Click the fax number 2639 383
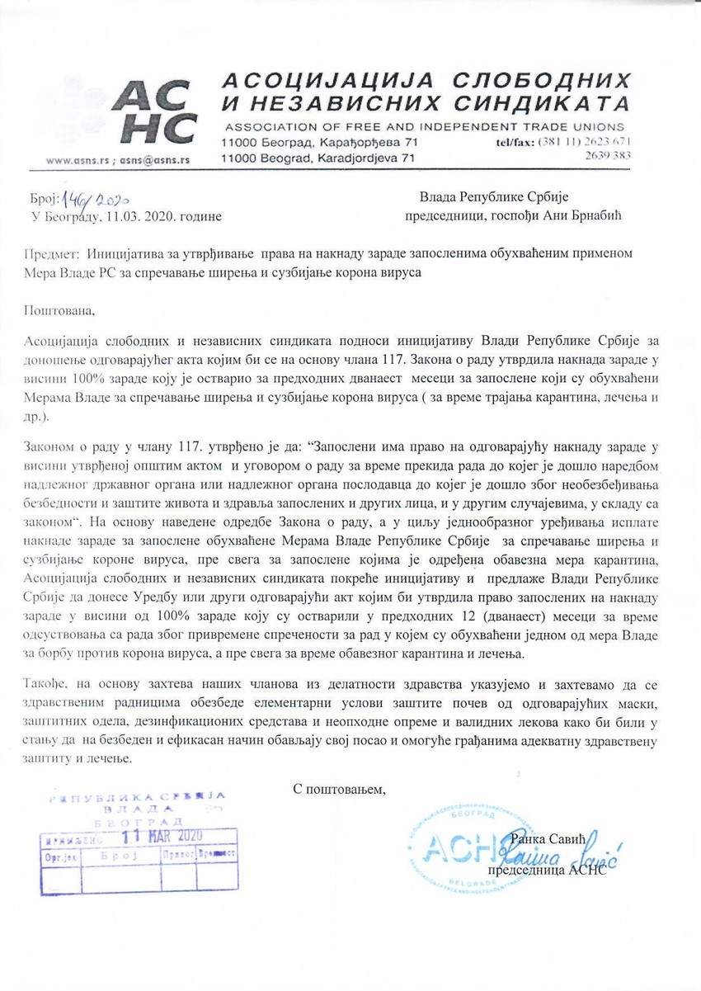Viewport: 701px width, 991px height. click(x=608, y=155)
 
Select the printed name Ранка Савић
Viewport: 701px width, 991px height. click(x=548, y=838)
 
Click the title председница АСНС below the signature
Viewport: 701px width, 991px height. click(x=547, y=871)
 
